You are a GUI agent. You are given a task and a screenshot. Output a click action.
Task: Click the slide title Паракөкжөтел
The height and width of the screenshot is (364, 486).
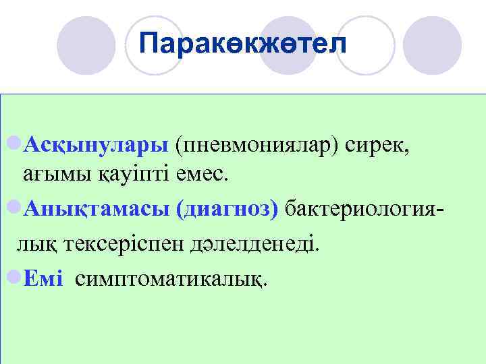pos(242,44)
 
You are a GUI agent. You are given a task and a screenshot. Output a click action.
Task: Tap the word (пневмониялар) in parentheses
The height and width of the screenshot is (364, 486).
pos(258,144)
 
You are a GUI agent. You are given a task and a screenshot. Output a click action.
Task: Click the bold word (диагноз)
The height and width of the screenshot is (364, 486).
pos(226,209)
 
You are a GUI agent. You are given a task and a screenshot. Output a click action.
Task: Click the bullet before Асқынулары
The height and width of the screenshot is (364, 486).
pos(13,144)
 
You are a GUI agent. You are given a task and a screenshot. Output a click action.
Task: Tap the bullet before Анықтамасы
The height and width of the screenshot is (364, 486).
pos(13,208)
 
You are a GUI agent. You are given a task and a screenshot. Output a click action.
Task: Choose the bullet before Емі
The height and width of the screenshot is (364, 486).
pos(13,276)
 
